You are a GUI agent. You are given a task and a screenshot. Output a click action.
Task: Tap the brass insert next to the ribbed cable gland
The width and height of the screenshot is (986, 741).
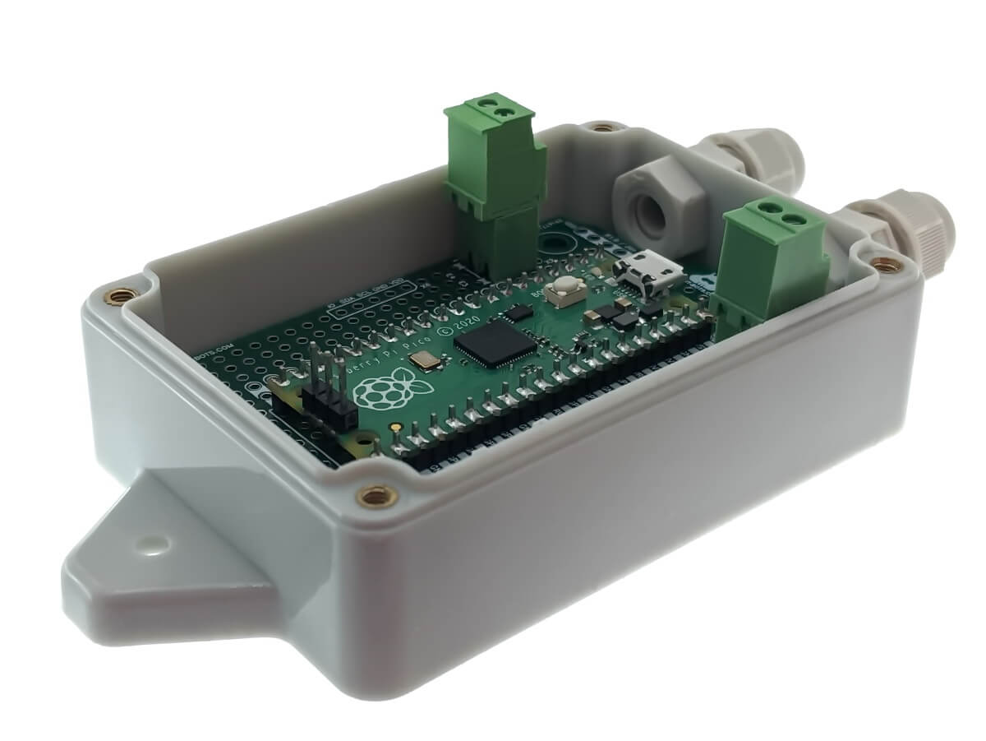point(883,265)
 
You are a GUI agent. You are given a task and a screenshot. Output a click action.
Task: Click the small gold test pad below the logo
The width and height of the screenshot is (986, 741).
point(398,428)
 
